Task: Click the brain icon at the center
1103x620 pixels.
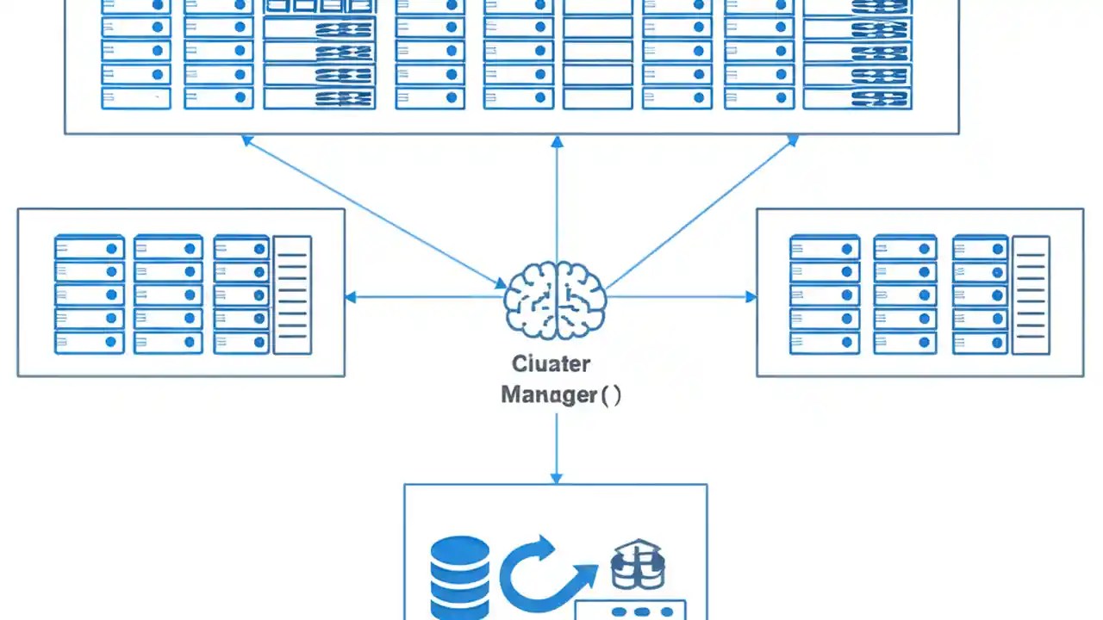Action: tap(556, 300)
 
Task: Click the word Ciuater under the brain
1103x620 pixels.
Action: tap(551, 363)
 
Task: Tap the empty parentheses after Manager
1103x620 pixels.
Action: tap(611, 395)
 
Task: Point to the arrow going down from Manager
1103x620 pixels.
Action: tap(556, 448)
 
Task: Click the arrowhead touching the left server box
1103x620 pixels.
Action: tap(351, 297)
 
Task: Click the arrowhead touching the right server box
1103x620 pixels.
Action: tap(751, 297)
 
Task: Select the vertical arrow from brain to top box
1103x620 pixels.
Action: tap(557, 198)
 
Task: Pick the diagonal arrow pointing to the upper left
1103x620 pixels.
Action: tap(371, 210)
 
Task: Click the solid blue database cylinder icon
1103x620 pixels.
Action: tap(459, 577)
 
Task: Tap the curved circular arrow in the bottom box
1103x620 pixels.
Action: tap(539, 573)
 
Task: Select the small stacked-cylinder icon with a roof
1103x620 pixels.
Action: tap(638, 564)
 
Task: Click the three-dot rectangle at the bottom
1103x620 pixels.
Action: tap(630, 612)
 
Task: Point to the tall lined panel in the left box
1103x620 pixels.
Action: tap(292, 294)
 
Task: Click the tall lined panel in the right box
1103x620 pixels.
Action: tap(1031, 294)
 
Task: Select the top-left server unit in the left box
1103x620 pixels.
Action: tap(89, 249)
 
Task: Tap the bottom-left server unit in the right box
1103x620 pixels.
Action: tap(825, 342)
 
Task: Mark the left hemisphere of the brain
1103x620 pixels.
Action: tap(531, 300)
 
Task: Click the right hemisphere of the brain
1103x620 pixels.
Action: tap(581, 300)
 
